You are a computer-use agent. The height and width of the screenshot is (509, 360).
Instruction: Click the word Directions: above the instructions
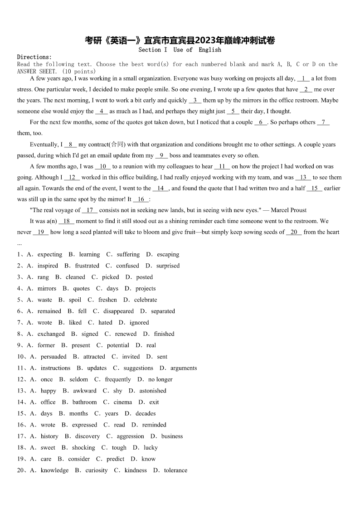[34, 57]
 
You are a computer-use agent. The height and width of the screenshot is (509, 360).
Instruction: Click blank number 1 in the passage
[303, 78]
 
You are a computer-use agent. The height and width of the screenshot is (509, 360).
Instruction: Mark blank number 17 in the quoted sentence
[90, 210]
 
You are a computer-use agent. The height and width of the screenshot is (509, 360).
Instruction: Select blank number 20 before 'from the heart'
[294, 232]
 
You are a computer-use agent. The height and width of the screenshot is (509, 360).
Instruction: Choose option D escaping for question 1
[168, 255]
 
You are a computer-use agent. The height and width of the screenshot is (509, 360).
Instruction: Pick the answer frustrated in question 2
[87, 266]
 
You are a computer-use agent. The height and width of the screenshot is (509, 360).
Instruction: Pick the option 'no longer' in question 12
[160, 379]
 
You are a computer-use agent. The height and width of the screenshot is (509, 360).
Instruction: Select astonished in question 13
[153, 391]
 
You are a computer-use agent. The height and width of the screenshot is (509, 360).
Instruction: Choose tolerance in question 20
[175, 470]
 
